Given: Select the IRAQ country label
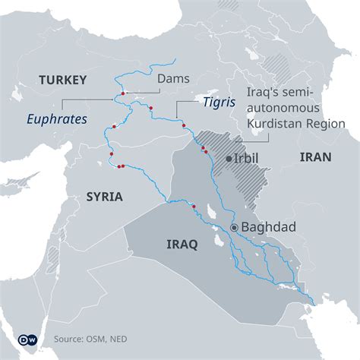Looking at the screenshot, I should point(182,245).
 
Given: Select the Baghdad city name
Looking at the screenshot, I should point(267,226).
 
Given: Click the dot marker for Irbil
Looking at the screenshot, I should point(229,159).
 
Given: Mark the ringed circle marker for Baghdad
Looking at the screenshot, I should point(235,227).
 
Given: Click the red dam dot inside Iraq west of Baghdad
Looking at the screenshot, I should point(194,207).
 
